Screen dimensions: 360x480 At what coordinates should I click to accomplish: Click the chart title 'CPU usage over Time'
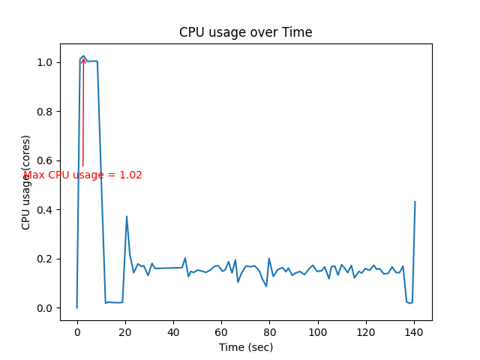point(246,32)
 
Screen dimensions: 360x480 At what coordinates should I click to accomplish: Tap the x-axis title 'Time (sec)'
point(246,347)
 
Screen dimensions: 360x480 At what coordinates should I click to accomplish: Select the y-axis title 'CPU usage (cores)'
point(26,182)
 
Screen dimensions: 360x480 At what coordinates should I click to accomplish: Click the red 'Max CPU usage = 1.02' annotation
point(82,175)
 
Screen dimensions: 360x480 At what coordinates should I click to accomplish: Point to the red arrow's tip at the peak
point(83,58)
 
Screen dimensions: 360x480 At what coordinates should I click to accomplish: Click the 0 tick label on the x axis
point(76,331)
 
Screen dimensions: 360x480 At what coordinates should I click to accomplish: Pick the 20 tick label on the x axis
point(125,331)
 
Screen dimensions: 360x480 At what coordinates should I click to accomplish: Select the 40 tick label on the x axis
point(173,331)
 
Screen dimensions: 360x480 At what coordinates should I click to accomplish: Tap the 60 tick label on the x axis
point(222,331)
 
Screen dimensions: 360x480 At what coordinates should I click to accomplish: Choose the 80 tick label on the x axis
point(270,331)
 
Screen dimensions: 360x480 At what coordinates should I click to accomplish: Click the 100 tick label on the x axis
point(318,331)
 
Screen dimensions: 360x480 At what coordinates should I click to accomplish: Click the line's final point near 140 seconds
point(415,202)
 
